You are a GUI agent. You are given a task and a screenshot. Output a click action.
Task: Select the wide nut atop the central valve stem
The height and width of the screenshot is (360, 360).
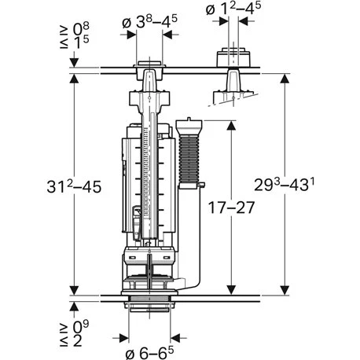coord(147,101)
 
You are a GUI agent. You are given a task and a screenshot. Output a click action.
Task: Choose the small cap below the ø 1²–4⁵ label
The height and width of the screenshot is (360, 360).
coord(231,59)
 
